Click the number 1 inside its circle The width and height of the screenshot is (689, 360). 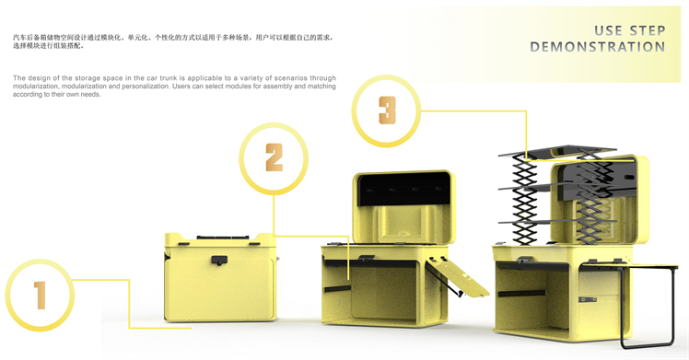pyautogui.click(x=40, y=296)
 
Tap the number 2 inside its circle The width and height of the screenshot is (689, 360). pyautogui.click(x=274, y=157)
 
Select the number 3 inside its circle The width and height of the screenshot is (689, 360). pyautogui.click(x=387, y=110)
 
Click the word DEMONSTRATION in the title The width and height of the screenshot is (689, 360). pyautogui.click(x=598, y=47)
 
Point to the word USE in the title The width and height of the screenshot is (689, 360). pyautogui.click(x=608, y=30)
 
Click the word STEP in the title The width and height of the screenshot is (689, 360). pyautogui.click(x=648, y=30)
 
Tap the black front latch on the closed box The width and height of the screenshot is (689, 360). pyautogui.click(x=219, y=260)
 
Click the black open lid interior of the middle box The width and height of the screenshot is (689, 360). pyautogui.click(x=403, y=189)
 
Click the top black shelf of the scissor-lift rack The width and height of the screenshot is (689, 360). pyautogui.click(x=557, y=152)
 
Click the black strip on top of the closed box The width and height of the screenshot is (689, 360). pyautogui.click(x=224, y=237)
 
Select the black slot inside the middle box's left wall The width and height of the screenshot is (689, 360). pyautogui.click(x=337, y=289)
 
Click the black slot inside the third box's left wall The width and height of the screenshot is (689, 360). pyautogui.click(x=521, y=294)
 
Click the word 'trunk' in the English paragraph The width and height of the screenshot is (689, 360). pyautogui.click(x=168, y=78)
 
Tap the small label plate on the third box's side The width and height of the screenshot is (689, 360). pyautogui.click(x=588, y=299)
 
